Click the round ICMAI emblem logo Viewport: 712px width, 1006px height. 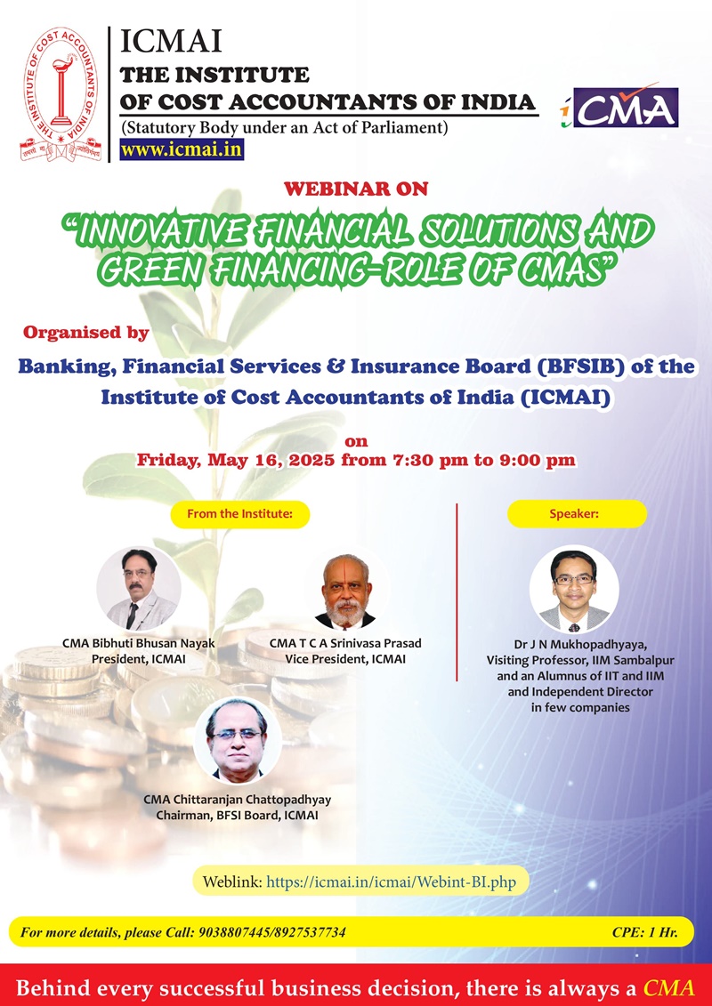[61, 94]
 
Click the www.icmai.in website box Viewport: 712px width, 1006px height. [182, 149]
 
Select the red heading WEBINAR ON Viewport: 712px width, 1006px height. [356, 189]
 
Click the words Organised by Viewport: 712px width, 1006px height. [86, 333]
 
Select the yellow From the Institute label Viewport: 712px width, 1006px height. [240, 514]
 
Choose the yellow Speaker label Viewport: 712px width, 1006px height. [578, 514]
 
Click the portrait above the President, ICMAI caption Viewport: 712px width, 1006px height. [139, 588]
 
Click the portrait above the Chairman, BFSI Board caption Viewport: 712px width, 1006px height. [238, 741]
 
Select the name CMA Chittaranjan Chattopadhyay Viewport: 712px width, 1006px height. [238, 800]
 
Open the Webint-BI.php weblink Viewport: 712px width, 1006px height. [391, 881]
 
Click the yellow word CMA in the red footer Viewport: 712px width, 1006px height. [669, 986]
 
